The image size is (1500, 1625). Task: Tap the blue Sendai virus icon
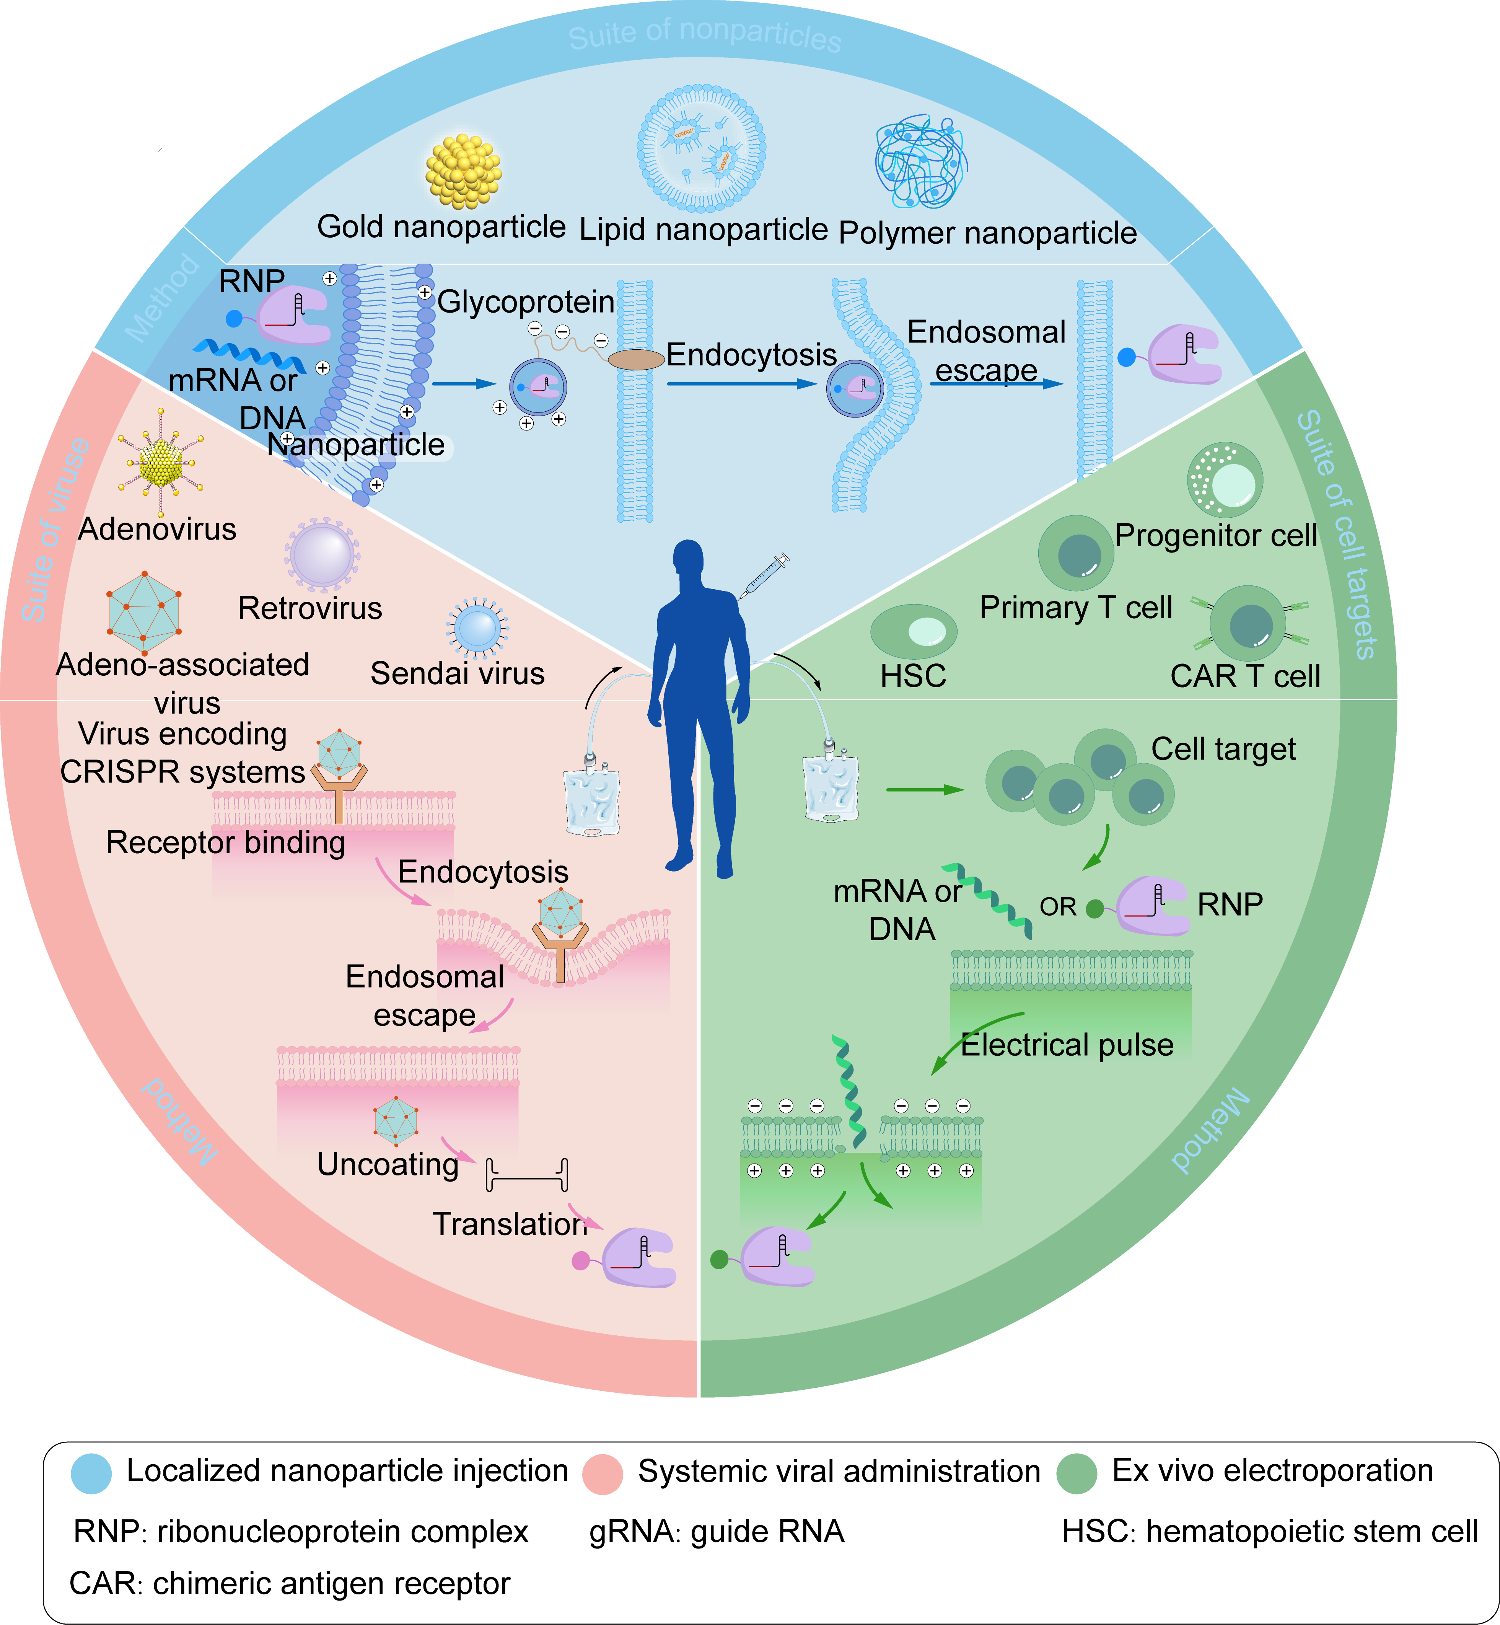(x=477, y=628)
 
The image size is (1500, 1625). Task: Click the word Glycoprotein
(x=526, y=302)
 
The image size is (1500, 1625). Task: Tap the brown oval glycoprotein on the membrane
(x=636, y=359)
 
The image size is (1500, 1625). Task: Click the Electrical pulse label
(x=1067, y=1045)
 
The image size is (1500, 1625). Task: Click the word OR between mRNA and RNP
(x=1058, y=907)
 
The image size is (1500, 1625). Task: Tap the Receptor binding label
(x=226, y=843)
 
